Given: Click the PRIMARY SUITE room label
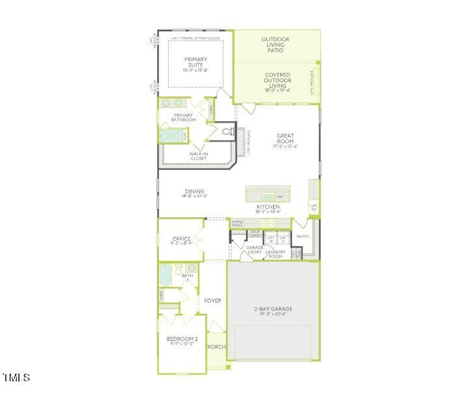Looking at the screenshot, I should [x=195, y=63].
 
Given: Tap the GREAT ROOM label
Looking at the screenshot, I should [x=285, y=138].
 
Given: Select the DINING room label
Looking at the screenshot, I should [x=194, y=192].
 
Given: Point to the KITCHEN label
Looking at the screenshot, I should [x=268, y=207].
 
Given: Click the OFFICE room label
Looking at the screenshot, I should [x=182, y=239].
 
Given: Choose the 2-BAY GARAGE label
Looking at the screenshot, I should [x=273, y=308].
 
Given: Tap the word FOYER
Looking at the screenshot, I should [x=212, y=301].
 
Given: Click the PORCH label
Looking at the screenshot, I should [x=216, y=347].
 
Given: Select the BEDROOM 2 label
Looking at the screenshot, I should [x=182, y=339].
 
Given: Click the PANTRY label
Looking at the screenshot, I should [x=302, y=236].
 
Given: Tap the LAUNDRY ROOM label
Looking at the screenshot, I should [x=275, y=254].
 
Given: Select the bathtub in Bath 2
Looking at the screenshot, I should [x=164, y=275].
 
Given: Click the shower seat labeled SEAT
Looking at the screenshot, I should [x=185, y=135].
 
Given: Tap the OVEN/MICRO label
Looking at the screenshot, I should [x=237, y=224].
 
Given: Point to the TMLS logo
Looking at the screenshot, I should [x=16, y=377].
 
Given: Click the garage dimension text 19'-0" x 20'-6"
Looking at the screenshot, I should [x=273, y=314].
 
